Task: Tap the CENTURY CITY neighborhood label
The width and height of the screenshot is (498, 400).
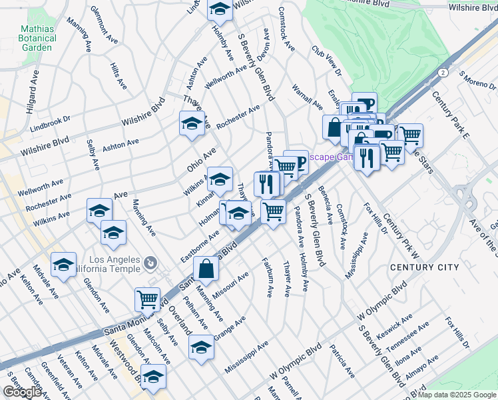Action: tap(425, 267)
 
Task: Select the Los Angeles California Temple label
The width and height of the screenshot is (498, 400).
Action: tap(111, 263)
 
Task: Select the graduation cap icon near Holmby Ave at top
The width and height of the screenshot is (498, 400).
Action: tap(220, 9)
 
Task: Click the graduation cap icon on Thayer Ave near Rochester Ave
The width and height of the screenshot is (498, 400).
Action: tap(192, 123)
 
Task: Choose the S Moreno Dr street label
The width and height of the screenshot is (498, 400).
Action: tap(473, 84)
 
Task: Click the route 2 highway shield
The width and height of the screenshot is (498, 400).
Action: tap(443, 72)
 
